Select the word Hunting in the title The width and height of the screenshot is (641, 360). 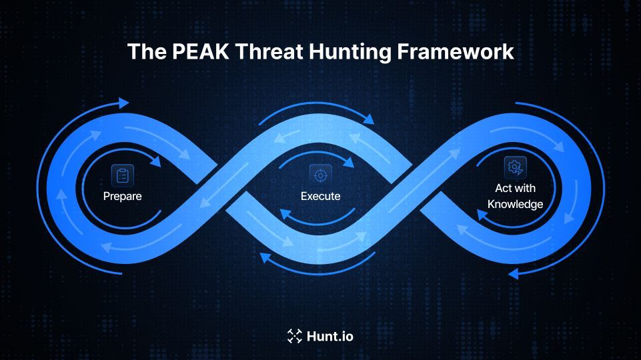pyautogui.click(x=349, y=52)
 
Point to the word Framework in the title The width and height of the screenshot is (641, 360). pyautogui.click(x=460, y=52)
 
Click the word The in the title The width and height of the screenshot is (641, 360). pyautogui.click(x=143, y=52)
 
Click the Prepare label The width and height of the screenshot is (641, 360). pyautogui.click(x=122, y=196)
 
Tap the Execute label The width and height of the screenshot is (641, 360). pyautogui.click(x=320, y=196)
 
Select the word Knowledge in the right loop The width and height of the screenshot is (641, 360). pyautogui.click(x=515, y=204)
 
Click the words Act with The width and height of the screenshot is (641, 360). pyautogui.click(x=515, y=189)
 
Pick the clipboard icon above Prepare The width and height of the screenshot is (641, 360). pyautogui.click(x=122, y=175)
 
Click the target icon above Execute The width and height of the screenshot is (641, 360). pyautogui.click(x=320, y=175)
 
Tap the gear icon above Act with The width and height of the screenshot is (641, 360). pyautogui.click(x=515, y=167)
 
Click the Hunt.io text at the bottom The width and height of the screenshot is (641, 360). pyautogui.click(x=330, y=336)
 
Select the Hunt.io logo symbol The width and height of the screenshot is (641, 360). pyautogui.click(x=294, y=336)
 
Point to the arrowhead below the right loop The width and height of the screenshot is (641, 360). pyautogui.click(x=513, y=273)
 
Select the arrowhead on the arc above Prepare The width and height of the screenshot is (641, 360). pyautogui.click(x=157, y=162)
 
